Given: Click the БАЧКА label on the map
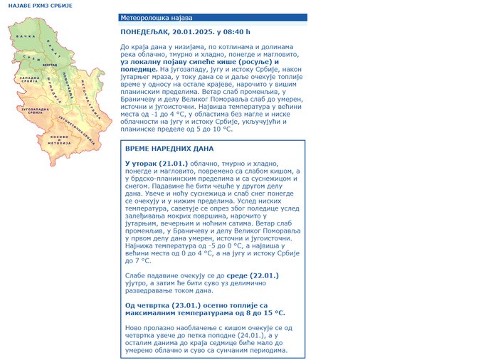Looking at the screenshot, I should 25,36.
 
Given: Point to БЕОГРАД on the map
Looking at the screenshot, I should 49,64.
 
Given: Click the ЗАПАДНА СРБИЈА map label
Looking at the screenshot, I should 29,79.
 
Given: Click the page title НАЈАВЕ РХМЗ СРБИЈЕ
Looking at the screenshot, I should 31,5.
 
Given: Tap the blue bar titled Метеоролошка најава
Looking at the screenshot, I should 213,17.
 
